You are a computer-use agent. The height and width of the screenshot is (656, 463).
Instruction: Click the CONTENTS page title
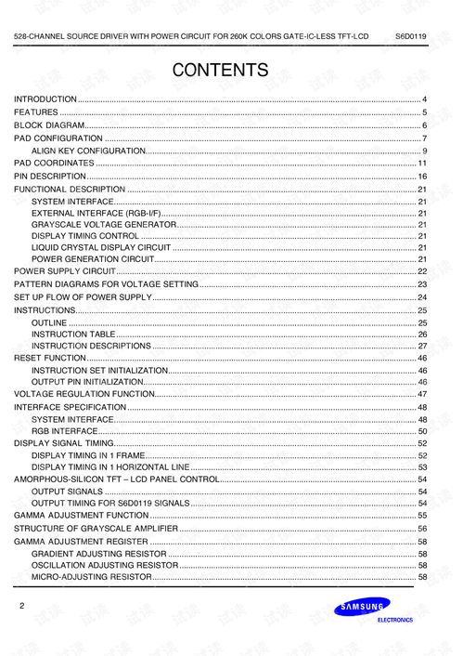click(x=220, y=71)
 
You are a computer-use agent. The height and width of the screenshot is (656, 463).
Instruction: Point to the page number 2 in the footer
click(x=21, y=606)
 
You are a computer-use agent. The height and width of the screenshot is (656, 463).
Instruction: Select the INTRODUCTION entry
click(x=45, y=98)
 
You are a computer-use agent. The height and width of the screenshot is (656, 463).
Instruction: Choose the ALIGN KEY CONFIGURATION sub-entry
click(x=88, y=151)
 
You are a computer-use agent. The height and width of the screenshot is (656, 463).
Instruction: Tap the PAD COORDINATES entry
click(x=54, y=163)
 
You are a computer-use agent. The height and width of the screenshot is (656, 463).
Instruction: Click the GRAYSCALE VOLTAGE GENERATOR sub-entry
click(x=103, y=224)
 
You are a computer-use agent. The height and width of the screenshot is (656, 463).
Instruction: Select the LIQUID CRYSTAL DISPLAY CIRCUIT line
click(x=101, y=247)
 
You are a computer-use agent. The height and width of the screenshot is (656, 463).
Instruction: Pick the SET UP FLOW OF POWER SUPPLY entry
click(x=83, y=296)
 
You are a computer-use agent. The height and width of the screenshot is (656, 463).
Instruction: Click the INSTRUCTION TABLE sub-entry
click(x=73, y=334)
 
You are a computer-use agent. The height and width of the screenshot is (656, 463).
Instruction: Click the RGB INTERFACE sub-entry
click(x=64, y=431)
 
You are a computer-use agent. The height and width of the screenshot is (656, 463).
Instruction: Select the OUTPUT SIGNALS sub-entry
click(x=67, y=491)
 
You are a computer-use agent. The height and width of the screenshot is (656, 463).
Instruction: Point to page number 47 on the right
click(x=421, y=395)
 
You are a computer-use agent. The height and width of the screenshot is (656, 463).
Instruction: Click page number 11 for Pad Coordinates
click(x=421, y=164)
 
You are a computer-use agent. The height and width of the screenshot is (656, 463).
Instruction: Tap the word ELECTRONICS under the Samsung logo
click(x=394, y=621)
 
